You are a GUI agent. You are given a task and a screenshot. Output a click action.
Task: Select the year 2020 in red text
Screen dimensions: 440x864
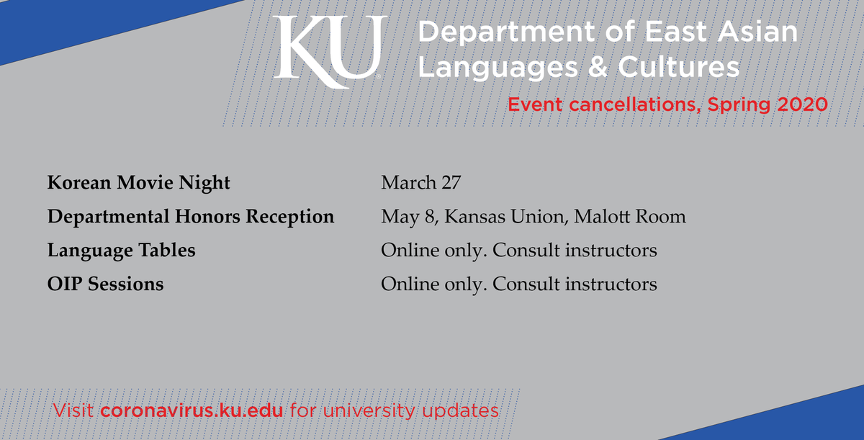click(x=802, y=104)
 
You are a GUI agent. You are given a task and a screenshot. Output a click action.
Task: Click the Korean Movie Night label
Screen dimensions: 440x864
click(x=138, y=183)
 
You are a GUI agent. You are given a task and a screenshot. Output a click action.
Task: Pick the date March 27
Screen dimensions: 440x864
click(x=420, y=183)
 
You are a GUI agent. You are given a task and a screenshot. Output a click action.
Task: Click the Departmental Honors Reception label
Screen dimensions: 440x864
click(x=191, y=217)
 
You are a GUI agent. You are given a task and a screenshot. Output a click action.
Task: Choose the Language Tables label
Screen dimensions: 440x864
click(x=121, y=251)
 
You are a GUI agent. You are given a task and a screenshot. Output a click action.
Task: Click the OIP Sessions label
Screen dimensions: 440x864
click(x=105, y=284)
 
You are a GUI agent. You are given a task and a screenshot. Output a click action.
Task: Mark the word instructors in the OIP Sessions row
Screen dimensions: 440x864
click(x=611, y=284)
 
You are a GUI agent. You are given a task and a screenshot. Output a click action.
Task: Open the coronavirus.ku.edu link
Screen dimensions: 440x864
click(x=194, y=411)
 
